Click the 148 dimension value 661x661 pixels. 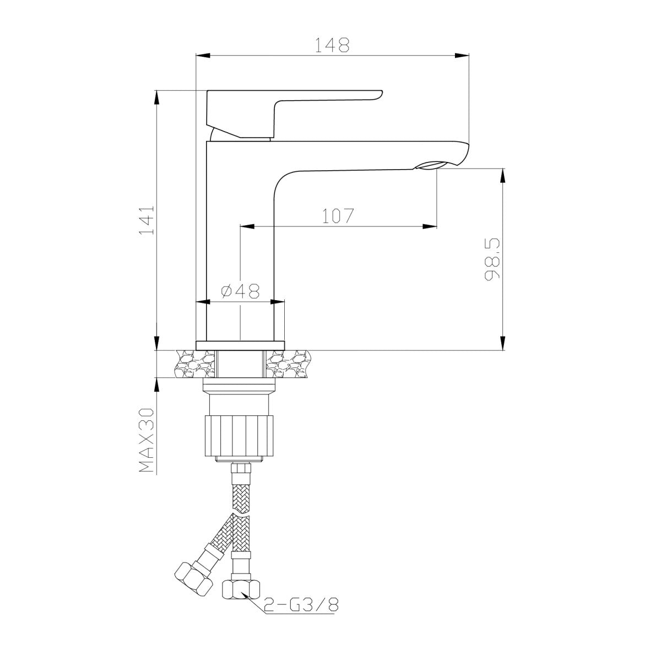pyautogui.click(x=332, y=45)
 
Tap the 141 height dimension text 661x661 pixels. pyautogui.click(x=147, y=220)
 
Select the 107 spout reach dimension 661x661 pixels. pyautogui.click(x=338, y=216)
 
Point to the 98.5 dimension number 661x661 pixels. pyautogui.click(x=492, y=259)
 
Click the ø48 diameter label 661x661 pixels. pyautogui.click(x=241, y=291)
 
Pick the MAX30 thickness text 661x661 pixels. pyautogui.click(x=147, y=440)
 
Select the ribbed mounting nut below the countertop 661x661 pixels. pyautogui.click(x=240, y=436)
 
